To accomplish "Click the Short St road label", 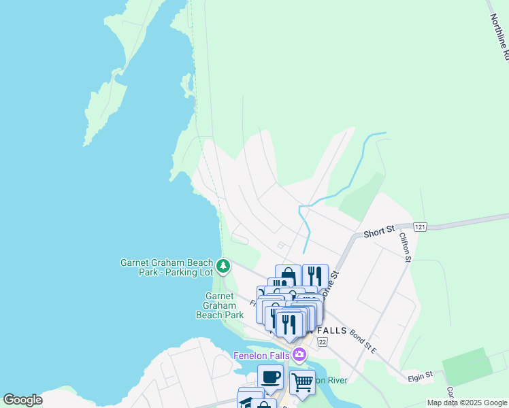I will (379, 231).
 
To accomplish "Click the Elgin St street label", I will (420, 375).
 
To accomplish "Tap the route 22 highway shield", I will (322, 340).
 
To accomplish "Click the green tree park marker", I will (223, 264).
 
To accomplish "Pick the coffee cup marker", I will (270, 375).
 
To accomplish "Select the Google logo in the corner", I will (22, 400).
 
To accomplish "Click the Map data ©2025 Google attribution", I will (466, 403).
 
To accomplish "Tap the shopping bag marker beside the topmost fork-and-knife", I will (288, 275).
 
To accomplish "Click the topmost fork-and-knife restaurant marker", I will (315, 275).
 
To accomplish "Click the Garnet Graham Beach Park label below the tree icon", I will (220, 305).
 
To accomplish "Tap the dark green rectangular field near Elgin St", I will (467, 367).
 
